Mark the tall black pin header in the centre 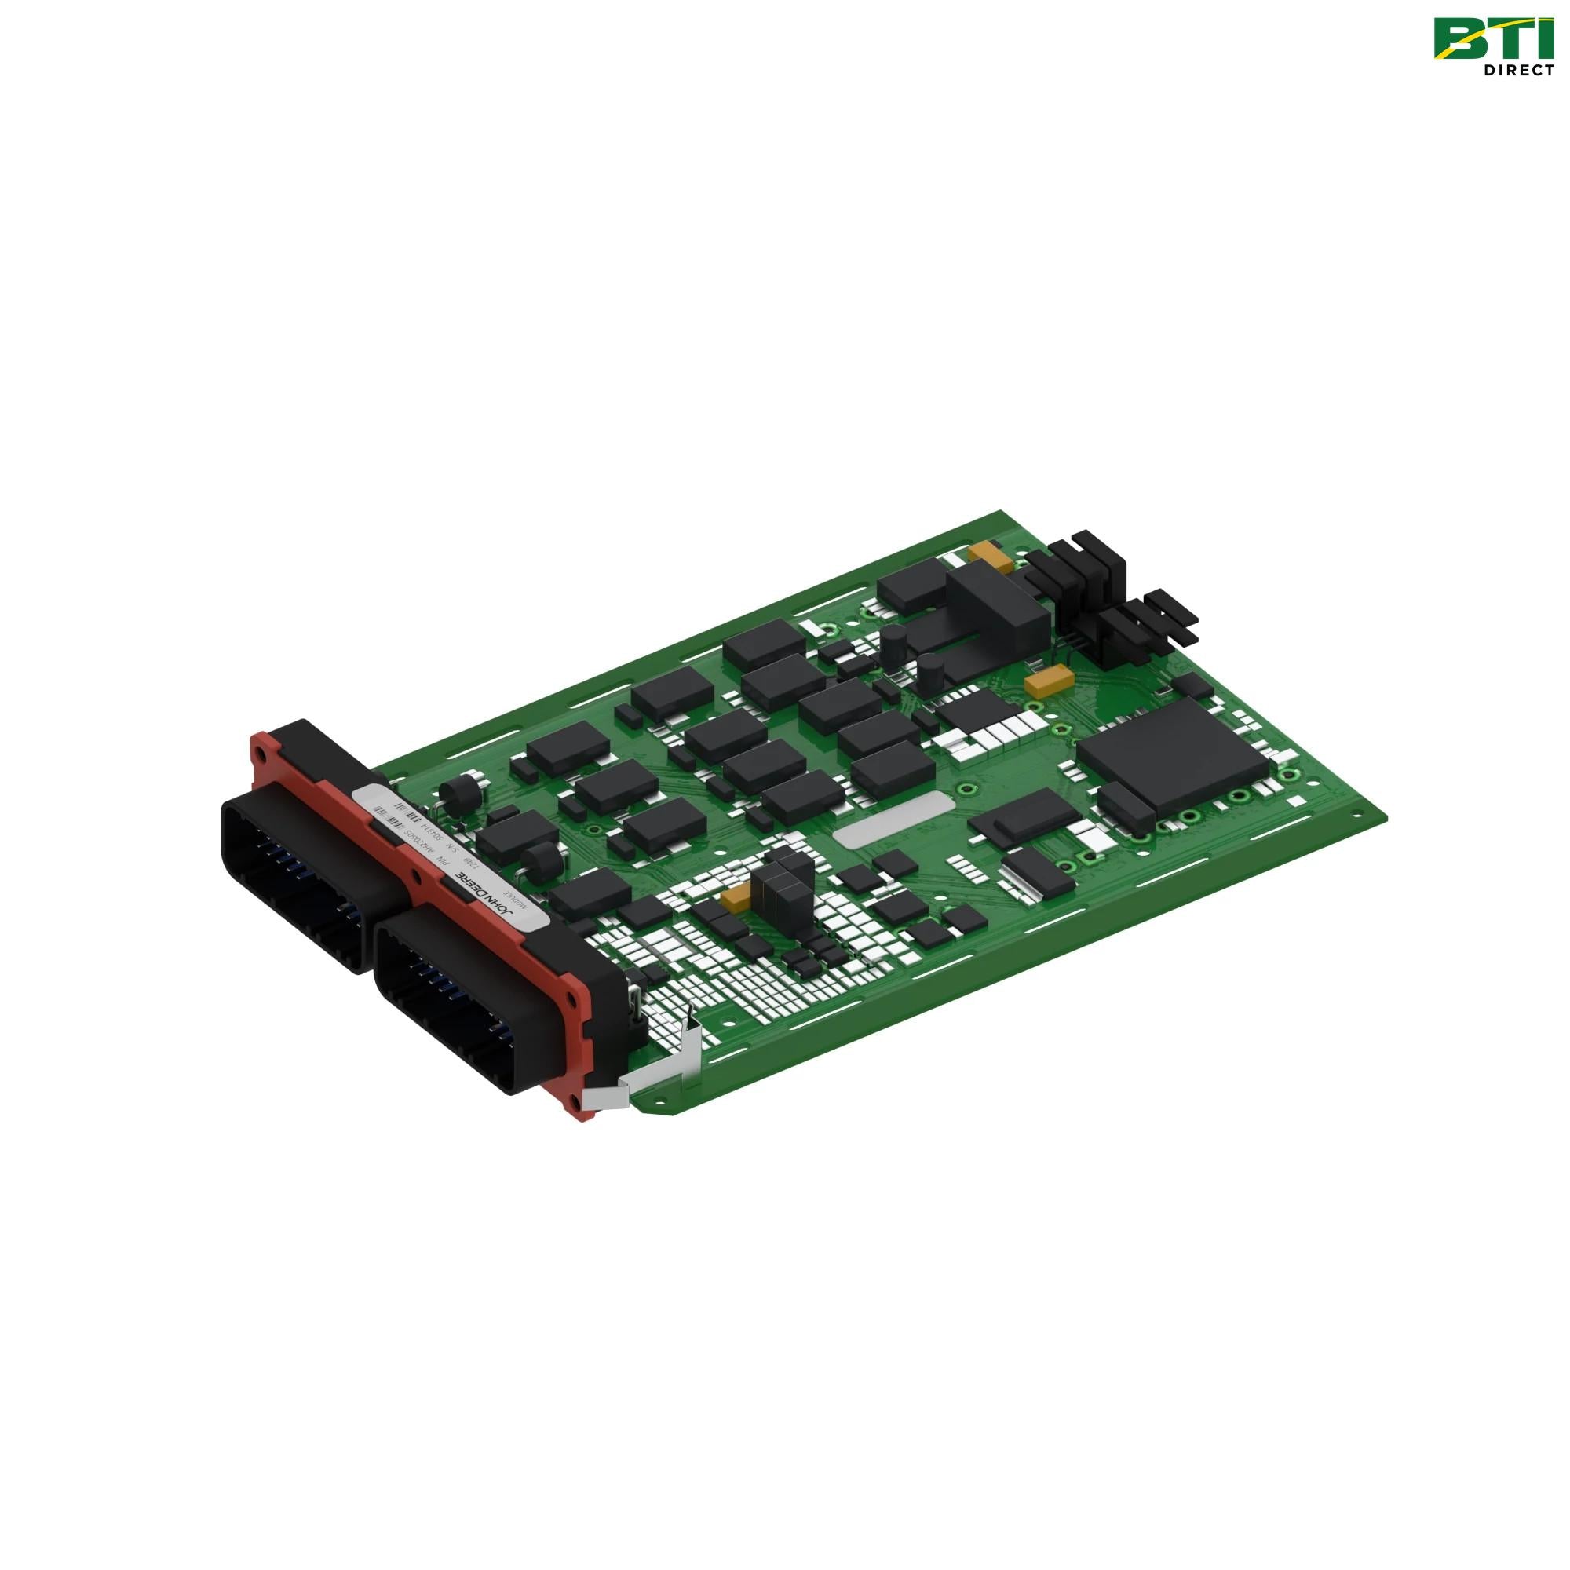point(780,886)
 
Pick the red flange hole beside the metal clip point(575,1101)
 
